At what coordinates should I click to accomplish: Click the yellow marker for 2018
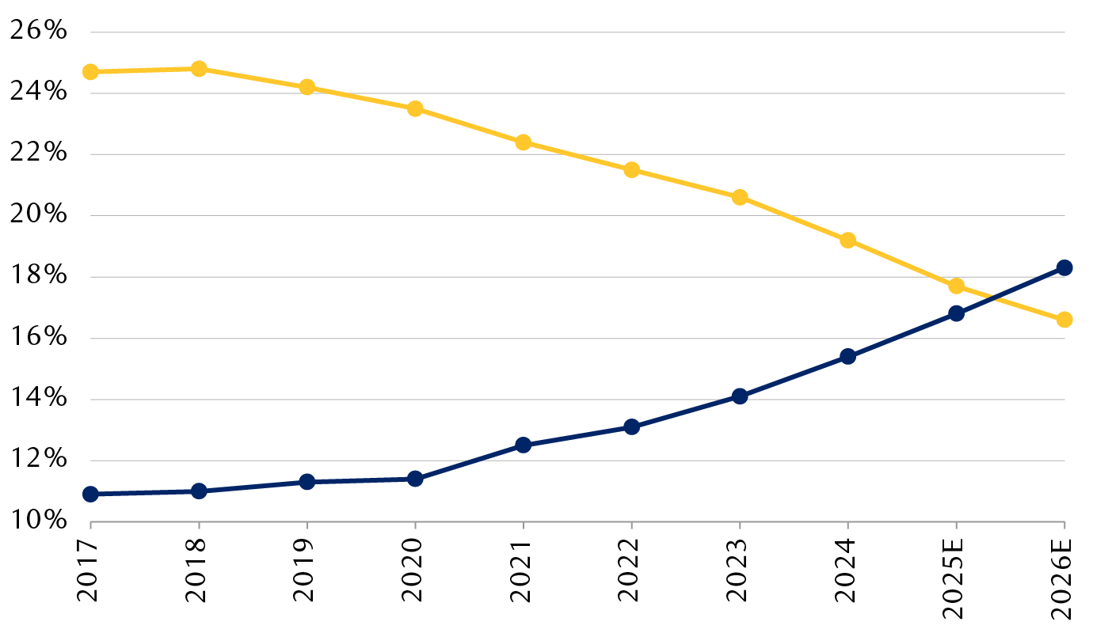(x=199, y=69)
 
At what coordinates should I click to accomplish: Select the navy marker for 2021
(x=523, y=445)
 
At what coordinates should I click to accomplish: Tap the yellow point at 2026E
(x=1064, y=320)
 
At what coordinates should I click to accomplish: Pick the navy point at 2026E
(x=1064, y=267)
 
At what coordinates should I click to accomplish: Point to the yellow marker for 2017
(x=90, y=72)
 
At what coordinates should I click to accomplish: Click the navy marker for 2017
(x=90, y=494)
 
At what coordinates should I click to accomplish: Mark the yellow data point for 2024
(x=847, y=241)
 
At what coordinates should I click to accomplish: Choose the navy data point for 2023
(x=740, y=396)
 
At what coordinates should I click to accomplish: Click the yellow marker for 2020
(x=415, y=108)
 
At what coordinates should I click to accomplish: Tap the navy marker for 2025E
(x=956, y=313)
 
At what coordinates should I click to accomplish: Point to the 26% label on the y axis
(x=38, y=32)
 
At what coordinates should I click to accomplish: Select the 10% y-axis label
(x=38, y=521)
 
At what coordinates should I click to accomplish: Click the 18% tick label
(x=38, y=276)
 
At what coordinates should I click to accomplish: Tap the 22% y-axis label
(x=38, y=154)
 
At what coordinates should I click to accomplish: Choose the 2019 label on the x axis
(x=307, y=573)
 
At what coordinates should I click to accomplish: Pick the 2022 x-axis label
(x=631, y=573)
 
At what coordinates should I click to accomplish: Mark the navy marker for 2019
(x=307, y=482)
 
